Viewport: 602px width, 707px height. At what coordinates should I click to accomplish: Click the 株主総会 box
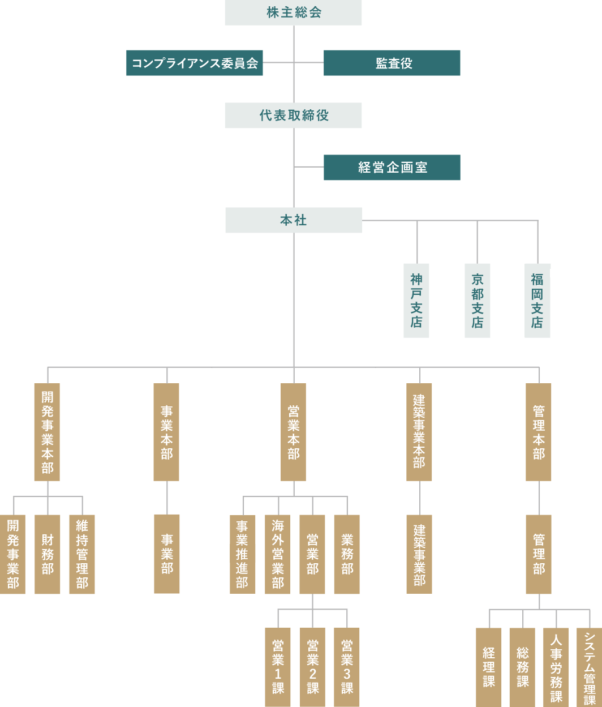tap(293, 12)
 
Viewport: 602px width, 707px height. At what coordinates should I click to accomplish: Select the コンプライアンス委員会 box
tap(195, 63)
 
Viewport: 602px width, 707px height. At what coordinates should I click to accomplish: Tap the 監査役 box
tap(392, 63)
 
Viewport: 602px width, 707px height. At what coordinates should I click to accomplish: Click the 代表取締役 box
tap(293, 115)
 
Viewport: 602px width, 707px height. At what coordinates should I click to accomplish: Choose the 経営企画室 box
tap(392, 168)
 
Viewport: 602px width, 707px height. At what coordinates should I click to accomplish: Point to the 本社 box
tap(293, 220)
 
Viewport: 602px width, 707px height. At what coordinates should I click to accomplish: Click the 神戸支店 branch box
tap(416, 300)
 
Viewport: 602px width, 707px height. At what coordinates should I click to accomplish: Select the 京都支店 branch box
tap(478, 300)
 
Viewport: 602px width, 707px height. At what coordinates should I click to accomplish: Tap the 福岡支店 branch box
tap(537, 300)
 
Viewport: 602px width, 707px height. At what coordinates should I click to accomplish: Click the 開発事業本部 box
tap(47, 432)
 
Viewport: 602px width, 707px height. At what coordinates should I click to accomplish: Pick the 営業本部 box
tap(293, 432)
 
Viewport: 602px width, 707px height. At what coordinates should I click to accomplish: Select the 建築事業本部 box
tap(419, 432)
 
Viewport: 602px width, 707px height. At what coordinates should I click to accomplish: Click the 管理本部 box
tap(539, 432)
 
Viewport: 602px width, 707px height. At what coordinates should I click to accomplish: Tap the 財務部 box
tap(48, 554)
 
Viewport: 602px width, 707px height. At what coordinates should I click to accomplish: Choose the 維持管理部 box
tap(82, 554)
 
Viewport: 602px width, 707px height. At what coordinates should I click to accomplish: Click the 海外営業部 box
tap(277, 554)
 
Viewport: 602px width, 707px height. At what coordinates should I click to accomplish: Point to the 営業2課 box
tap(312, 667)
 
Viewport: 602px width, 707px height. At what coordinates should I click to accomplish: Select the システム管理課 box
tap(590, 667)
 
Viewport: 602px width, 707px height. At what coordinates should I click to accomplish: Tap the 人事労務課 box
tap(556, 667)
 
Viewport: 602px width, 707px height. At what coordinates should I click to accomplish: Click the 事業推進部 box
tap(242, 554)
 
